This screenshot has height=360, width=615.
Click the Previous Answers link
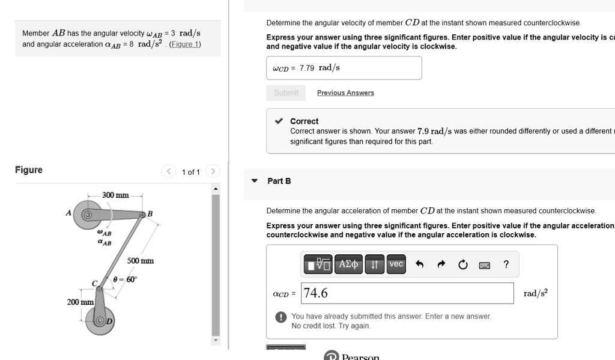pyautogui.click(x=345, y=93)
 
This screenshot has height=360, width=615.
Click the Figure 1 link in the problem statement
pyautogui.click(x=186, y=44)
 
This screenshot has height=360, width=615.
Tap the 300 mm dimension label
pyautogui.click(x=115, y=195)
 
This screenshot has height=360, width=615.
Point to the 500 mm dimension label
pyautogui.click(x=140, y=261)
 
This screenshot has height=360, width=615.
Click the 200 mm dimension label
pyautogui.click(x=79, y=302)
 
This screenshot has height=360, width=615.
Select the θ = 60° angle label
pyautogui.click(x=125, y=279)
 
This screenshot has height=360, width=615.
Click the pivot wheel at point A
pyautogui.click(x=87, y=215)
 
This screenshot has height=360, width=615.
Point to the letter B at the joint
pyautogui.click(x=150, y=214)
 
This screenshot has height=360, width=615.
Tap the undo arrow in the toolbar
pyautogui.click(x=420, y=264)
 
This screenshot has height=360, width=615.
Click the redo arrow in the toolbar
pyautogui.click(x=441, y=264)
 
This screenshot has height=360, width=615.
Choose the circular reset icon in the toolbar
pyautogui.click(x=462, y=264)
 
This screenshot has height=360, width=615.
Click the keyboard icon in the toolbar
pyautogui.click(x=485, y=265)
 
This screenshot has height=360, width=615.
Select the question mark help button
pyautogui.click(x=506, y=264)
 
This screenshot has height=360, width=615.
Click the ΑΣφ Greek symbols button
pyautogui.click(x=348, y=264)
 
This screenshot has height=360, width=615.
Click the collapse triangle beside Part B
pyautogui.click(x=255, y=181)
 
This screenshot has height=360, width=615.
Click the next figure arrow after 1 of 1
pyautogui.click(x=213, y=172)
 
